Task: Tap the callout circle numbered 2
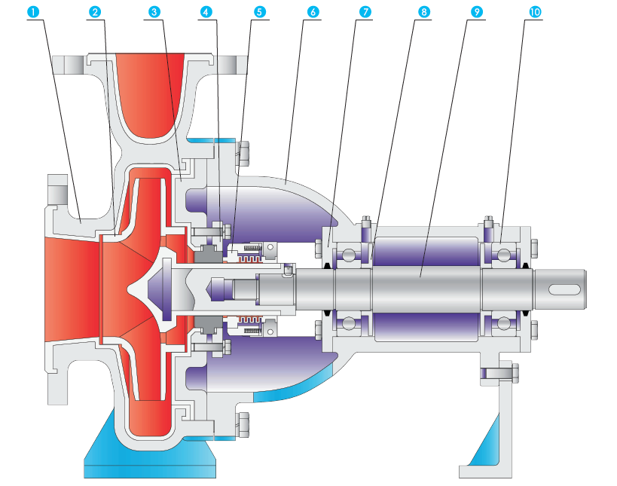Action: tap(94, 13)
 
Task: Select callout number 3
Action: tap(154, 13)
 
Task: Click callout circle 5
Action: tap(260, 13)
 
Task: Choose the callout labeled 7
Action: tap(365, 13)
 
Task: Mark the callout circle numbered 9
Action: tap(476, 13)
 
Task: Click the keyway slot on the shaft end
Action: tap(564, 289)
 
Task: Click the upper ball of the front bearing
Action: tap(349, 254)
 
